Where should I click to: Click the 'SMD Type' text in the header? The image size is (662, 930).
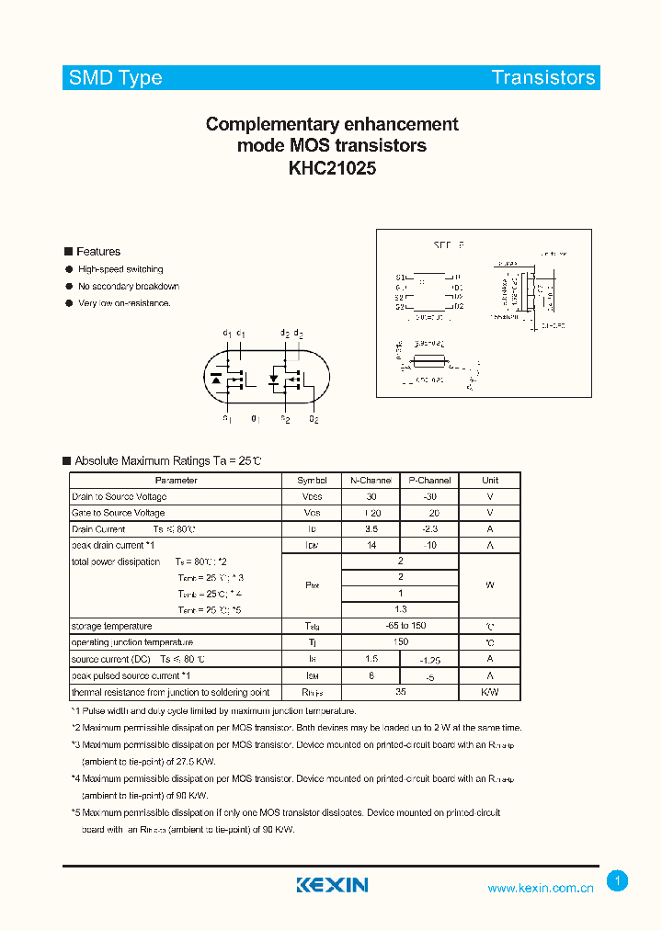(115, 78)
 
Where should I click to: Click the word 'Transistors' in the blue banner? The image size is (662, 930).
(543, 78)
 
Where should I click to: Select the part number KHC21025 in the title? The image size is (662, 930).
(331, 168)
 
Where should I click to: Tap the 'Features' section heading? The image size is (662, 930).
(97, 252)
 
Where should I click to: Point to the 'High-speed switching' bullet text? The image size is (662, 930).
(120, 269)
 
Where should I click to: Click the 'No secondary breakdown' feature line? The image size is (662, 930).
(129, 287)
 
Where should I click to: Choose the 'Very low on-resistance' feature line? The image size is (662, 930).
(124, 303)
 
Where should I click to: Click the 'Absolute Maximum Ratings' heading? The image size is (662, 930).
(167, 460)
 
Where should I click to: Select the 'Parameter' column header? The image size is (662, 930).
(176, 481)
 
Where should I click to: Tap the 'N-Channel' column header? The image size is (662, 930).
(371, 481)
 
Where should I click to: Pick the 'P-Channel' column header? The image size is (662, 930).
(429, 481)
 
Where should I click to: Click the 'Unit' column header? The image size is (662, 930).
(490, 481)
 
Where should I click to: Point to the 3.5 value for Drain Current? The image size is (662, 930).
(371, 529)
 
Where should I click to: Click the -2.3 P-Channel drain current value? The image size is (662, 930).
(429, 529)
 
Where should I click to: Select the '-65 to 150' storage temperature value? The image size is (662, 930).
(400, 626)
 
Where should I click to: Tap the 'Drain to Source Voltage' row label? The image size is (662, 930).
(119, 497)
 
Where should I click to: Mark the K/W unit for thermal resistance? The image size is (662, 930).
(490, 692)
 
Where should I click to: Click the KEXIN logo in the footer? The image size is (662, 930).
(332, 885)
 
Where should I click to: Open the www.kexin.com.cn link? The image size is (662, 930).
(541, 888)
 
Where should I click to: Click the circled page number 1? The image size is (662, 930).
(618, 881)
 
